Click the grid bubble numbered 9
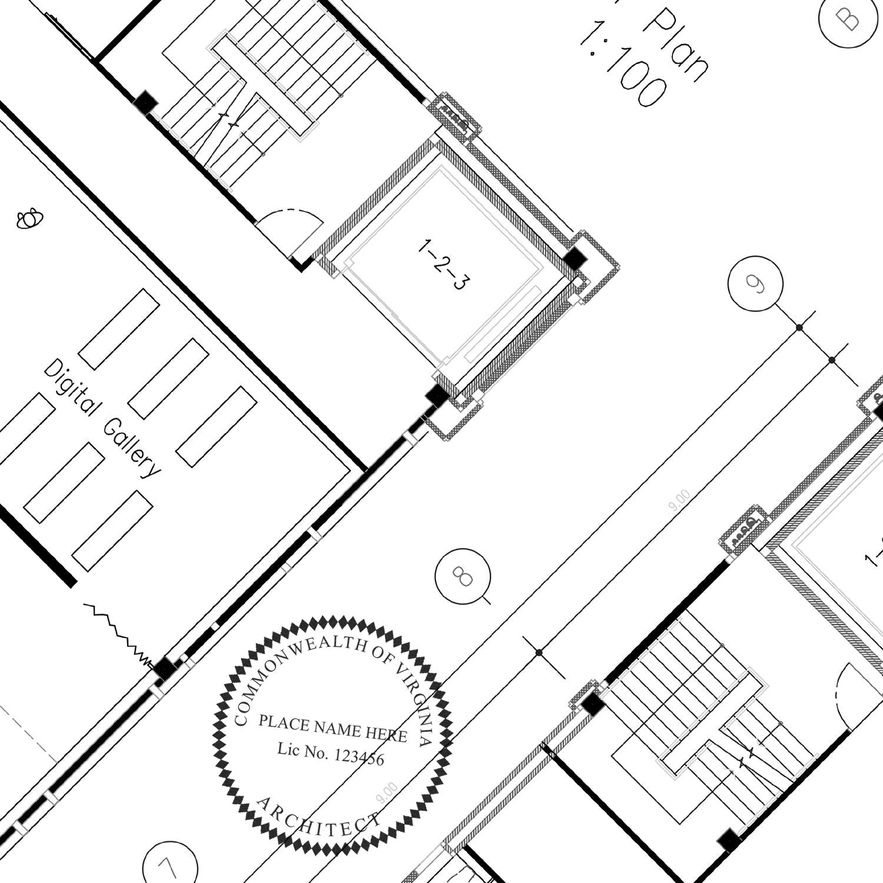755,283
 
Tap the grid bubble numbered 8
463,576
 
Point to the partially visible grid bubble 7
169,865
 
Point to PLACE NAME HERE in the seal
333,728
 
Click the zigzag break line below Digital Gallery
118,630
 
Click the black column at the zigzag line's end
164,669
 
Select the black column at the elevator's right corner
574,258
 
